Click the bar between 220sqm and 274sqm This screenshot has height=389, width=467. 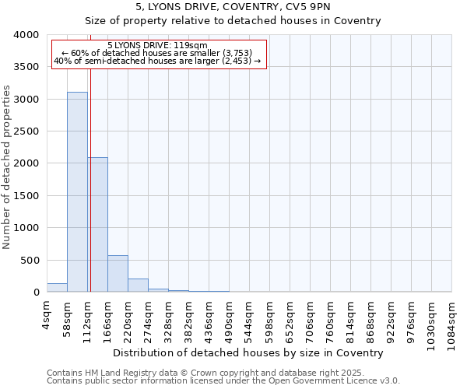(138, 285)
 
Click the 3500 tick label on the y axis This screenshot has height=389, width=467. (26, 68)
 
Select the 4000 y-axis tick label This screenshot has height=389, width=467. (26, 35)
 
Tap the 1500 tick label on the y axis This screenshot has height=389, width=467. (26, 196)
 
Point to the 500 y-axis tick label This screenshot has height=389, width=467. (29, 261)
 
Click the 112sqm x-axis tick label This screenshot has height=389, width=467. (88, 317)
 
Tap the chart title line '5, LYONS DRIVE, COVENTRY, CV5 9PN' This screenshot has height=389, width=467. (233, 7)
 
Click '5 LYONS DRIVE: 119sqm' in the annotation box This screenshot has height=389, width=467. (157, 46)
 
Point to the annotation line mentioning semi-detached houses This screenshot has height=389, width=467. (157, 61)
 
